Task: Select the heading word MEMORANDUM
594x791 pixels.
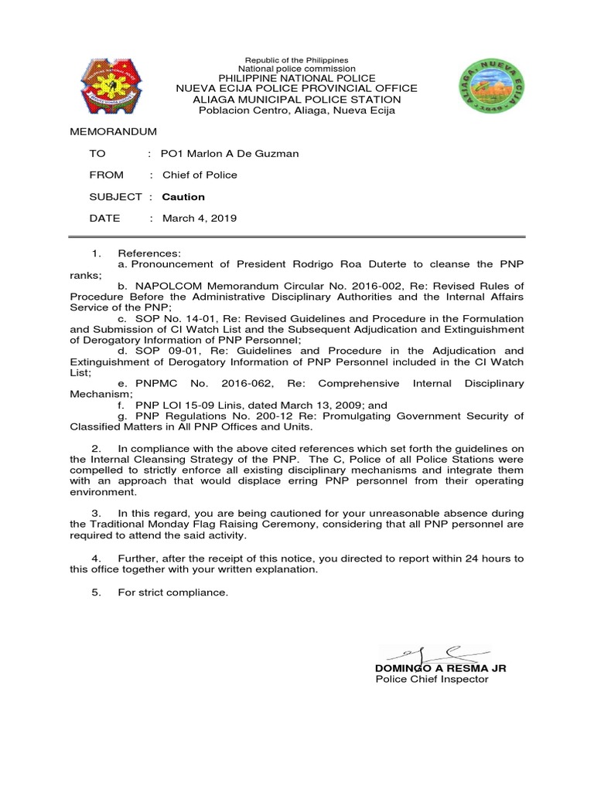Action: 113,132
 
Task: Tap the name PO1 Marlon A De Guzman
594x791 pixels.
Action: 229,153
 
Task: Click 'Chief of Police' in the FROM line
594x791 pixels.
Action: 200,175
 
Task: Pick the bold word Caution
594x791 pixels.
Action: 183,197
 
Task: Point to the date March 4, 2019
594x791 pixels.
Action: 199,219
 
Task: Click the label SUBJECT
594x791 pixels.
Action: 115,197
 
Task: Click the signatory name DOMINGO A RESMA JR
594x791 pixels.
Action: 440,667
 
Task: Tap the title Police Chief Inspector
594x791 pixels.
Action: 432,679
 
